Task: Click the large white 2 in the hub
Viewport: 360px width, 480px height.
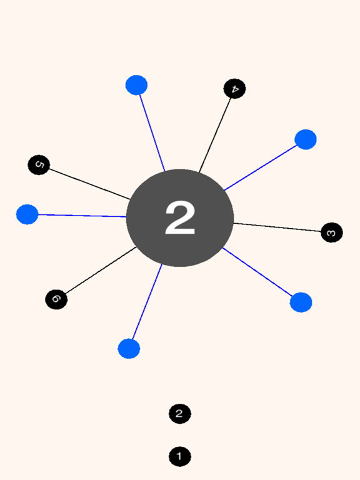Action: coord(180,218)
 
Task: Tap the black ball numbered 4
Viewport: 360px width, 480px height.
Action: coord(234,89)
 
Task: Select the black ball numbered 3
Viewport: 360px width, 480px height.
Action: coord(332,232)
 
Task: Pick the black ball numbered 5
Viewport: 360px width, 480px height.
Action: coord(39,165)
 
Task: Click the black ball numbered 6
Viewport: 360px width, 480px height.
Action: coord(56,299)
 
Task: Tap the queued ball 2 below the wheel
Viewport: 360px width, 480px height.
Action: coord(180,414)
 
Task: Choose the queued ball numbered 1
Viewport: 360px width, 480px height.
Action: coord(180,457)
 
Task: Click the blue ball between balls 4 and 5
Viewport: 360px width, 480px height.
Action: coord(136,85)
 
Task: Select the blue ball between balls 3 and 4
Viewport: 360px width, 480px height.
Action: coord(306,139)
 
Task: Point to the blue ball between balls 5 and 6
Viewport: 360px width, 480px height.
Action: coord(27,214)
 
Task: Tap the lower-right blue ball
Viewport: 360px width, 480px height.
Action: coord(301,302)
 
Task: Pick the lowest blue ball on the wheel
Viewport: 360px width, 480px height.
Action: coord(129,349)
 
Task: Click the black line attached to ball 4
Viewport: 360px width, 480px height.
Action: coord(215,135)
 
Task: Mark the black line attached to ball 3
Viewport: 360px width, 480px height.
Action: coord(277,227)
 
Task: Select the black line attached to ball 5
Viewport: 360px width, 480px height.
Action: coord(90,184)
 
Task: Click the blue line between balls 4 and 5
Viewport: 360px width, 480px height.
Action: coord(152,133)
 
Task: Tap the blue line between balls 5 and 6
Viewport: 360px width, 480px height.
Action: coord(82,216)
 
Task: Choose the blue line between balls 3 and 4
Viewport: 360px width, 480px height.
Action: coord(261,167)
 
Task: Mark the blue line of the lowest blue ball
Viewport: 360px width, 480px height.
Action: coord(147,301)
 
